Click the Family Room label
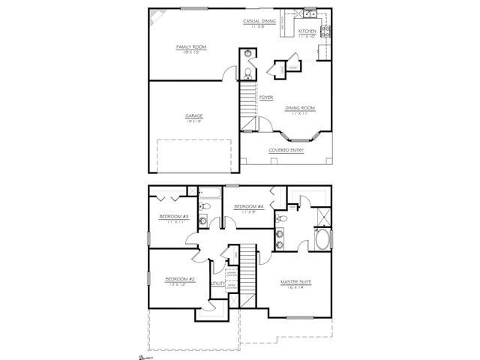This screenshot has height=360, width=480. point(191,46)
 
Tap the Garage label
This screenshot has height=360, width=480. point(194,115)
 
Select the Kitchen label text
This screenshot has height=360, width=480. point(307,31)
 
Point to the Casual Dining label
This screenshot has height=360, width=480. point(259,21)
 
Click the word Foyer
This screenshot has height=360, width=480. point(265,97)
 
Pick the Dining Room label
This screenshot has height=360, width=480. point(300,108)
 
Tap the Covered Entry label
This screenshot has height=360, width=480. point(286,150)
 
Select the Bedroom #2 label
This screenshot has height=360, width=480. point(180,279)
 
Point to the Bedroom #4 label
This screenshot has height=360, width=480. point(248,206)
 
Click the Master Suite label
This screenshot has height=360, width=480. point(295,282)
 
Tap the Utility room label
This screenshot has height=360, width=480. point(217,283)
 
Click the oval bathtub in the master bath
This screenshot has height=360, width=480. point(323,241)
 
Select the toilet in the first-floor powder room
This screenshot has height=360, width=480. point(248,73)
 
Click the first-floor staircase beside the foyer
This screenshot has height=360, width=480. point(249,105)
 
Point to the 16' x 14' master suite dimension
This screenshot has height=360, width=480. point(295,288)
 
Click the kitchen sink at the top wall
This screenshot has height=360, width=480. point(309,13)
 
